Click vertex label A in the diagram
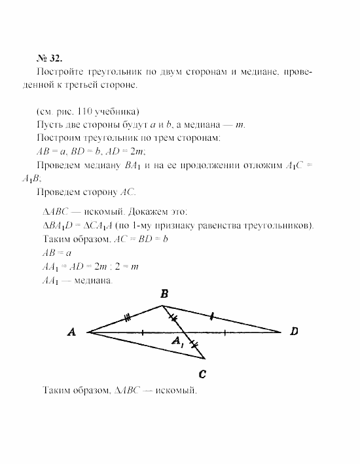click(x=72, y=332)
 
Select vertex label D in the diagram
click(x=294, y=332)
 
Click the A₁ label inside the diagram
click(x=177, y=341)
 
